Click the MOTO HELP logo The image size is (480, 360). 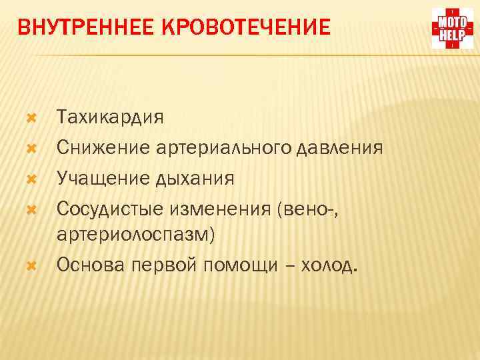[453, 29]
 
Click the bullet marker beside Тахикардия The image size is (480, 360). [29, 118]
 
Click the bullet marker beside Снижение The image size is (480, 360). [29, 147]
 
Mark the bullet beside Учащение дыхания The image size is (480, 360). [29, 177]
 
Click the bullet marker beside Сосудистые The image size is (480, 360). [29, 207]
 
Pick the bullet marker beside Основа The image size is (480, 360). [29, 265]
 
